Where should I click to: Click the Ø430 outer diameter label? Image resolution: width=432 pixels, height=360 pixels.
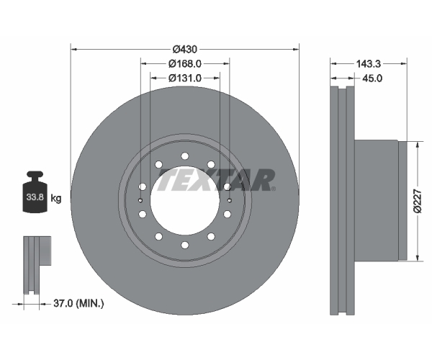point(185,50)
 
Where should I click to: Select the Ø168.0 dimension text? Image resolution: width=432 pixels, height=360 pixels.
point(185,64)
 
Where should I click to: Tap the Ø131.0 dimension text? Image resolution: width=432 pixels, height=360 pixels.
point(185,78)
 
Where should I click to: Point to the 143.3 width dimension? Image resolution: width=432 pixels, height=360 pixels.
point(369,64)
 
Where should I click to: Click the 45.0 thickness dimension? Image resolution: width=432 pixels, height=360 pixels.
point(372,78)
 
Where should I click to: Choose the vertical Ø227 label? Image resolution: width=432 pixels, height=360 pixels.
point(418,201)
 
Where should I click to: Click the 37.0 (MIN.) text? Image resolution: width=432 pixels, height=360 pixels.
point(78,304)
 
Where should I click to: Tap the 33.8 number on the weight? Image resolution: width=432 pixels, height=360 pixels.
point(35,197)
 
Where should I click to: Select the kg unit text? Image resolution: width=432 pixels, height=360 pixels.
point(56,198)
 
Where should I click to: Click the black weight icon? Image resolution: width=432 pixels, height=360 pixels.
point(35,192)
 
